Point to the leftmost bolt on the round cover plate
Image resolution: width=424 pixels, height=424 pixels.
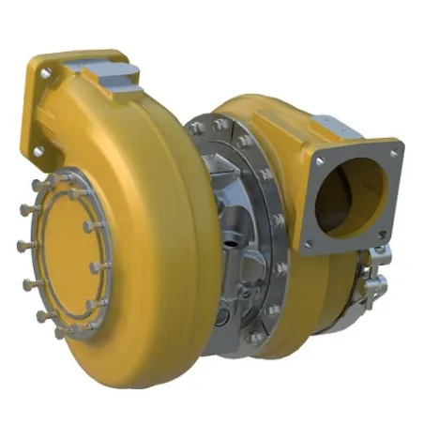(x=21, y=247)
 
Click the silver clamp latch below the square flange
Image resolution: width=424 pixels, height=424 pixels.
(x=371, y=271)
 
